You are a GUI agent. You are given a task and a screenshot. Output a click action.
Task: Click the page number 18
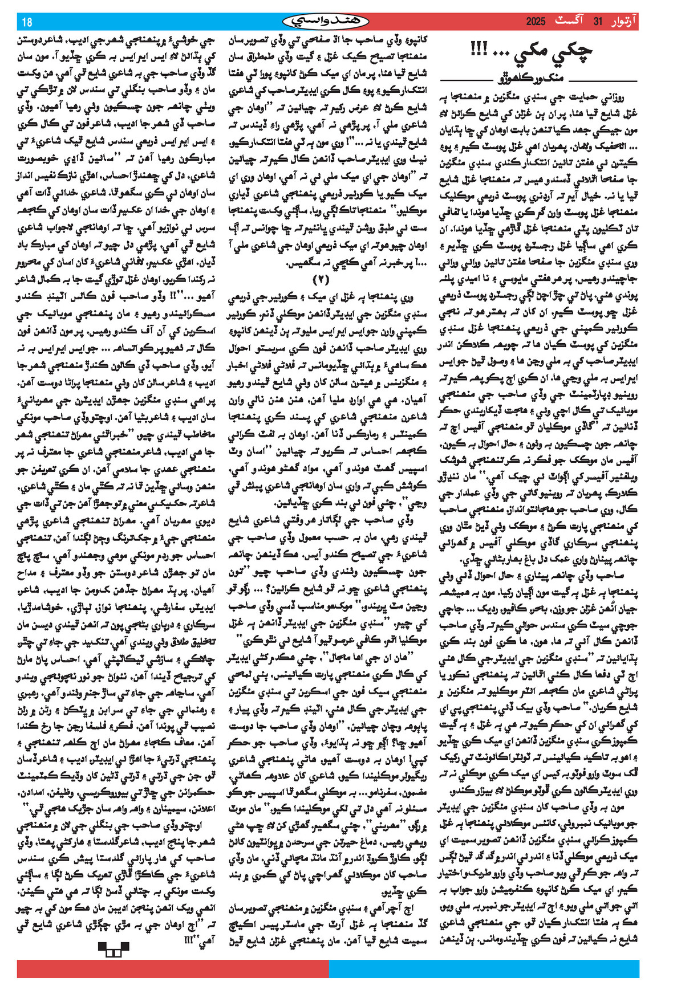27,22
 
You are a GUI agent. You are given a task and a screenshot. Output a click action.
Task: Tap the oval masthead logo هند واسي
326,22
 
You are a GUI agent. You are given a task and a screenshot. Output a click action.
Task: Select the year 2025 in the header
536,22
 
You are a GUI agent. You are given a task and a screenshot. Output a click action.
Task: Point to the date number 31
598,22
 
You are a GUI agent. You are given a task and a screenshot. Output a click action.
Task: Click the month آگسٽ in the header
571,22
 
